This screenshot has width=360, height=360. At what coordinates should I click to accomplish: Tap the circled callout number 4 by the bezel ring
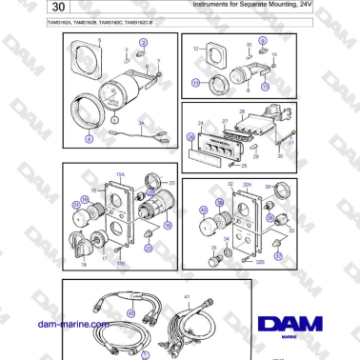(90, 139)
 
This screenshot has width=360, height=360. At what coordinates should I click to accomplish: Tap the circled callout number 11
(196, 83)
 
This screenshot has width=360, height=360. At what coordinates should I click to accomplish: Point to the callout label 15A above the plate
(120, 174)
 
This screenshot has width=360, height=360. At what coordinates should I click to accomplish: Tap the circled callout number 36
(168, 227)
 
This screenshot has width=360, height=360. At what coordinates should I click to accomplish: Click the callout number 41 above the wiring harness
(188, 298)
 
